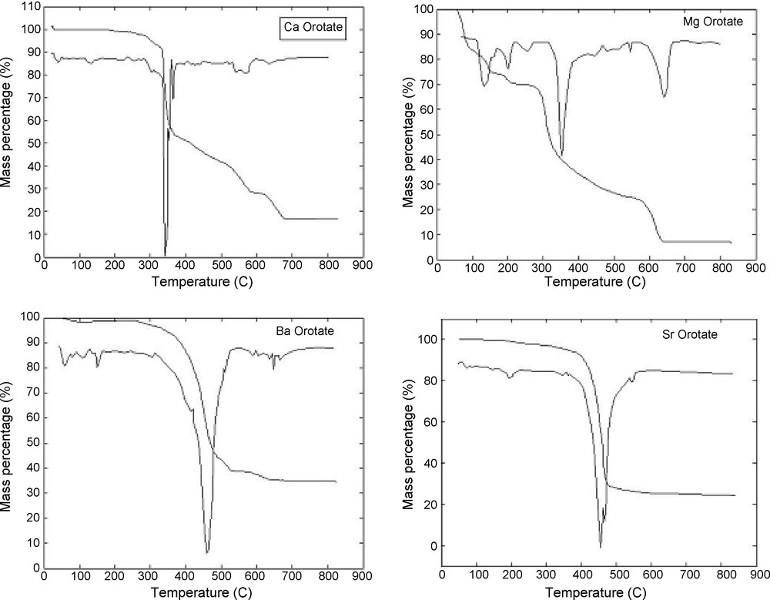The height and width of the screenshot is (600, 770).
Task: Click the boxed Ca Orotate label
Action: (311, 30)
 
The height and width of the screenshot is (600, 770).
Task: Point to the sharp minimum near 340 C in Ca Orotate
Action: (165, 255)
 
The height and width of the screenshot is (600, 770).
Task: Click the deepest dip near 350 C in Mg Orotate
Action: (561, 155)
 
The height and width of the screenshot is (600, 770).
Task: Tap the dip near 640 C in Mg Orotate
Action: (664, 97)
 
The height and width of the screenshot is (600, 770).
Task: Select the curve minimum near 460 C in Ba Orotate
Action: (206, 552)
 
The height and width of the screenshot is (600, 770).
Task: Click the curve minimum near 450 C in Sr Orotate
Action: (601, 547)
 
